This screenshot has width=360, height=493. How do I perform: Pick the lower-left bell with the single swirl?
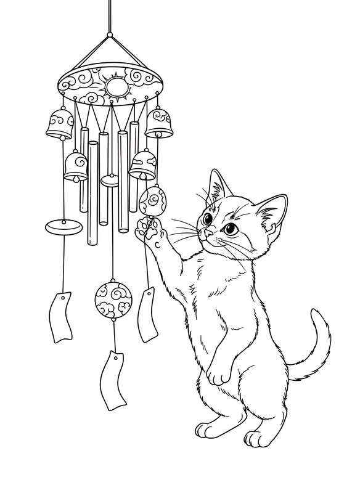point(75,165)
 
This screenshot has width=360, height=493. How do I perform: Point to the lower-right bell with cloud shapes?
point(142,165)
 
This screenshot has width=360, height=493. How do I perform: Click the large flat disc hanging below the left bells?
point(62,226)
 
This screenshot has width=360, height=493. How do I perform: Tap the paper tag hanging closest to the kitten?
point(149,314)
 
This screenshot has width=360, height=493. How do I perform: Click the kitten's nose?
point(210,235)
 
